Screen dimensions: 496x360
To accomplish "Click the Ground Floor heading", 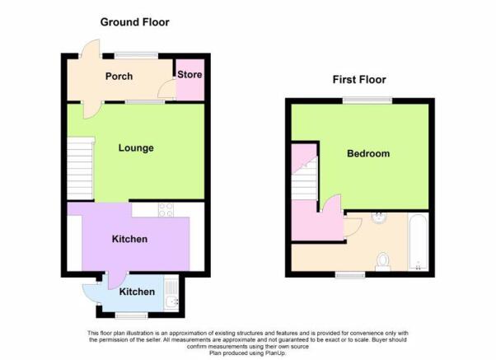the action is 135,22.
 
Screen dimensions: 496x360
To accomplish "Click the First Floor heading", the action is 359,79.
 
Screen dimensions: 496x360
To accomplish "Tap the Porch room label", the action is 119,77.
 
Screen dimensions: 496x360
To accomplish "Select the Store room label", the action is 190,75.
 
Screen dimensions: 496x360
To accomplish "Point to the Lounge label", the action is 136,148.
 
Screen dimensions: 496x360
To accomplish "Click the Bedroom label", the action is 368,153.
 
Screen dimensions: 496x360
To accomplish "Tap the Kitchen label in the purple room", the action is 129,239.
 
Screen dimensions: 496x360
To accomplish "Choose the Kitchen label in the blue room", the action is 137,292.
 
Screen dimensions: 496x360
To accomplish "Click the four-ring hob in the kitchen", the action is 166,209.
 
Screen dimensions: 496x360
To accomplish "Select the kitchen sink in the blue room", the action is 171,292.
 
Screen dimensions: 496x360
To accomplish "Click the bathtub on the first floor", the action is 419,242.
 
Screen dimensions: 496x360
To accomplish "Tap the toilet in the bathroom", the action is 383,262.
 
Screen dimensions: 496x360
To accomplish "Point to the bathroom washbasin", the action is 379,217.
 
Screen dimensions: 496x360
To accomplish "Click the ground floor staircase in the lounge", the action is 81,169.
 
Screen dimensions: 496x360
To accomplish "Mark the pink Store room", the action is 190,80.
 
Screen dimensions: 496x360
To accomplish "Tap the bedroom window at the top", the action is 368,101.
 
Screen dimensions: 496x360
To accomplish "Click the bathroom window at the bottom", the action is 350,275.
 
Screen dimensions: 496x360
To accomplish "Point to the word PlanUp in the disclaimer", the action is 275,353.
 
